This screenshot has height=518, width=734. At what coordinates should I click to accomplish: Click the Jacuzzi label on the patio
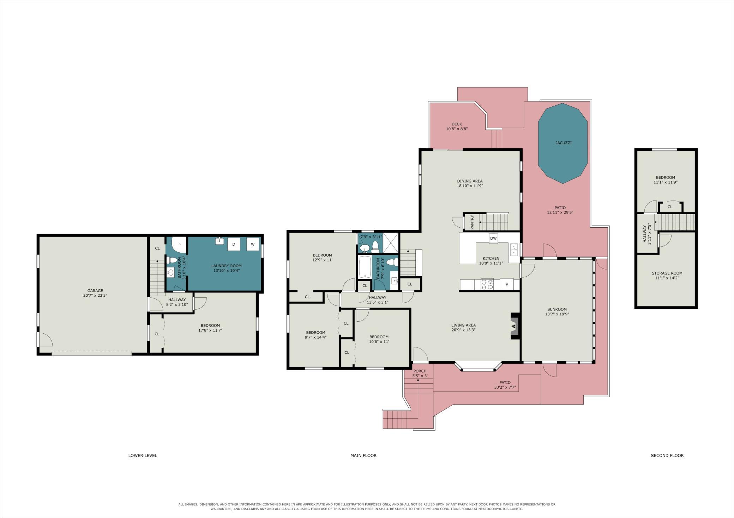(x=563, y=143)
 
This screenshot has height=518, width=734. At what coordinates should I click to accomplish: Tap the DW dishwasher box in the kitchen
(x=493, y=238)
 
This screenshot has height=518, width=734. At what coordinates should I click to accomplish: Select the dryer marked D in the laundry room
(x=234, y=244)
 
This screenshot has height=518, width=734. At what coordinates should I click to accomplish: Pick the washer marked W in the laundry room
(x=253, y=244)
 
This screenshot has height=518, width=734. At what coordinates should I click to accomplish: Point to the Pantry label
(x=472, y=222)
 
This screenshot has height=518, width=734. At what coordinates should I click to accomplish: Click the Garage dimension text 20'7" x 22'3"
(x=93, y=295)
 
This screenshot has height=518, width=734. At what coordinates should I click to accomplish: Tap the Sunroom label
(x=557, y=309)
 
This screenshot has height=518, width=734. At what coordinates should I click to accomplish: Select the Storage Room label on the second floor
(x=667, y=273)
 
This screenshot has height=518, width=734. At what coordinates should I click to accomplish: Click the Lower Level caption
(x=143, y=455)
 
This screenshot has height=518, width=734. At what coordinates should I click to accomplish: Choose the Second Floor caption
(x=667, y=455)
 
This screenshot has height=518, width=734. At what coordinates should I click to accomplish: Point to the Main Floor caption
(x=363, y=455)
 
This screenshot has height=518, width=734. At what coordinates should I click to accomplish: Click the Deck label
(x=457, y=124)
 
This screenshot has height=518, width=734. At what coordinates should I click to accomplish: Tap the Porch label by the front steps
(x=420, y=371)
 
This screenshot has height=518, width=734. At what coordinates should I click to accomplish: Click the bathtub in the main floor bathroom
(x=365, y=267)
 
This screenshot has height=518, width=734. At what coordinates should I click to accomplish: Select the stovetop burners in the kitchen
(x=487, y=284)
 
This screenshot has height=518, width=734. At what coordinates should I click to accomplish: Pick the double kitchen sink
(x=514, y=249)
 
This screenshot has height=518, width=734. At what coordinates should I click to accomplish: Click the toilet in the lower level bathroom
(x=172, y=260)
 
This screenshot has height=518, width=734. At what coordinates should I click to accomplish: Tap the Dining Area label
(x=469, y=181)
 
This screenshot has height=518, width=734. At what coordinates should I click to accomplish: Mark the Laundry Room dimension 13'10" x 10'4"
(x=227, y=271)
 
